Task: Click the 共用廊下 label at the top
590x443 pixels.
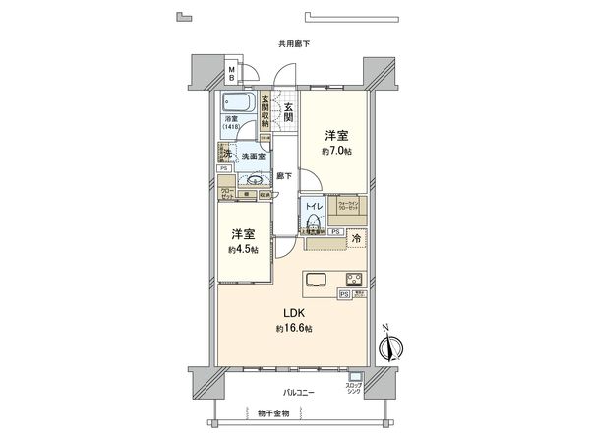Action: tap(294, 44)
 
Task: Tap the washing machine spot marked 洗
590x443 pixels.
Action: tap(225, 154)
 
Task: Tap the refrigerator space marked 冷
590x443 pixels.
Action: tap(355, 239)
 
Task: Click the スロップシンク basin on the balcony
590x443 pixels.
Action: tap(355, 378)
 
